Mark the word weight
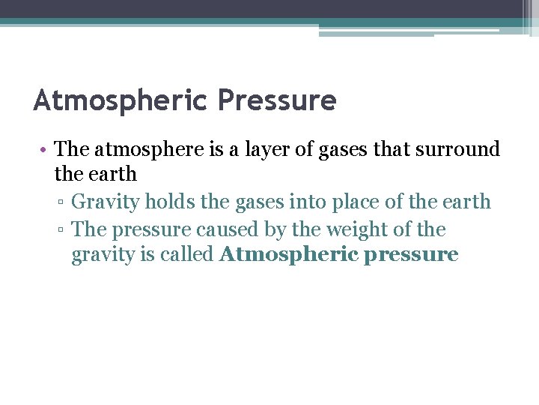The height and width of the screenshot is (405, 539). pos(361,229)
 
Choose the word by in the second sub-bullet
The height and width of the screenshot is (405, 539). pos(281,229)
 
